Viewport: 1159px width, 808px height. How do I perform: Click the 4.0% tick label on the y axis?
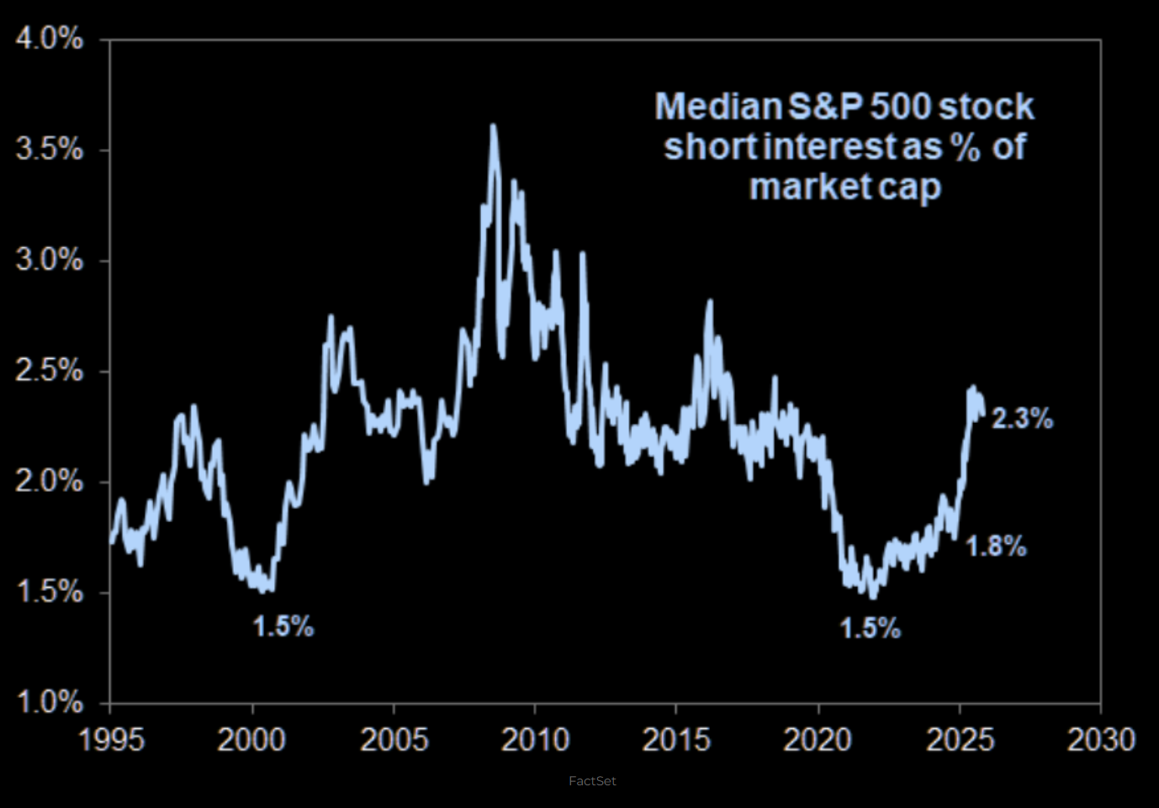[x=49, y=39]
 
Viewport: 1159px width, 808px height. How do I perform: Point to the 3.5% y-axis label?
[x=49, y=150]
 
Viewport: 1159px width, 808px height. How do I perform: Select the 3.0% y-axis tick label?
[x=49, y=260]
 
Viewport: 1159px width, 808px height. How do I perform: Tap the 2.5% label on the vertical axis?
[x=49, y=371]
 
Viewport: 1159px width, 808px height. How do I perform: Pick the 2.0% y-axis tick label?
[x=49, y=482]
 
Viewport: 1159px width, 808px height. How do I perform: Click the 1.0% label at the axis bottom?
[x=49, y=702]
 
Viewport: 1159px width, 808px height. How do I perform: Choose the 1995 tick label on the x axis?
[x=111, y=740]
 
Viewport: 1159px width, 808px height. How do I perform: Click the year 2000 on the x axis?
[x=251, y=740]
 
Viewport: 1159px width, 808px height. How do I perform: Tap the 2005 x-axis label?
[x=394, y=740]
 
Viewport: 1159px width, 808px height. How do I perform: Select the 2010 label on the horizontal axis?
[x=535, y=740]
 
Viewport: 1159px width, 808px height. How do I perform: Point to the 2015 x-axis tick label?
[x=676, y=740]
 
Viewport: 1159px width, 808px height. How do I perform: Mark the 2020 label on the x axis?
[x=818, y=740]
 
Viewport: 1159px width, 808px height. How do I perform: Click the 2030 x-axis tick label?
[x=1100, y=740]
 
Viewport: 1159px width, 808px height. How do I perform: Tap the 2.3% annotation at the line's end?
[x=1022, y=418]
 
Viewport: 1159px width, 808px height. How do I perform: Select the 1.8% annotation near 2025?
[x=996, y=547]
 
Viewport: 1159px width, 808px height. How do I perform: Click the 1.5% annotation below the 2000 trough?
[x=283, y=626]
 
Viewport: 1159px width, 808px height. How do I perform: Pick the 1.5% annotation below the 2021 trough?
[x=870, y=628]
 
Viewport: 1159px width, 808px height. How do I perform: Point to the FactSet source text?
[x=592, y=781]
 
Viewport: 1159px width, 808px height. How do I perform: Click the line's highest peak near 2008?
[x=493, y=126]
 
